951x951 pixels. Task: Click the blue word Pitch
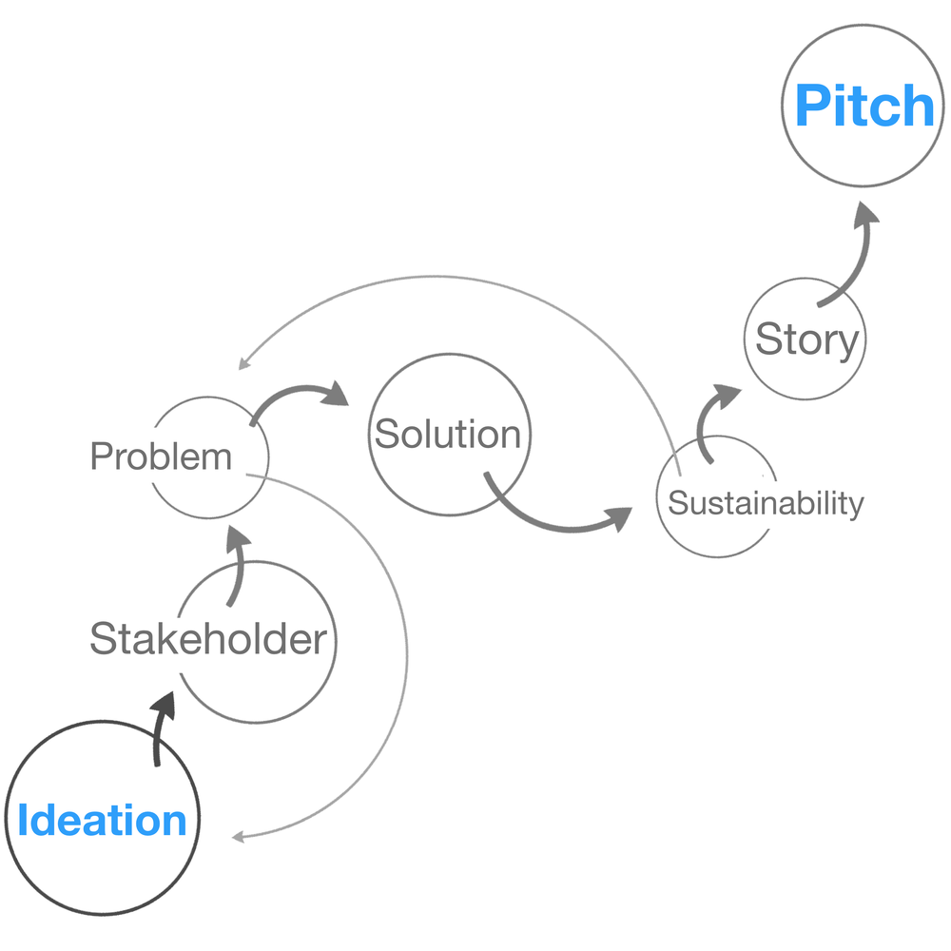click(x=864, y=106)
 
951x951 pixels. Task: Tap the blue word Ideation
click(x=102, y=821)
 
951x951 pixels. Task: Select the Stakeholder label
click(x=207, y=639)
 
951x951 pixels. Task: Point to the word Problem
click(x=161, y=457)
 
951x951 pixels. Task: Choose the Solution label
click(x=448, y=434)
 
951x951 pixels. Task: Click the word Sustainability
click(x=765, y=503)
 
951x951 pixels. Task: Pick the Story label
click(x=806, y=340)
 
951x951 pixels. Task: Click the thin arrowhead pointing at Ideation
click(x=239, y=837)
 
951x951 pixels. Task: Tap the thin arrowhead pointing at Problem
click(x=244, y=362)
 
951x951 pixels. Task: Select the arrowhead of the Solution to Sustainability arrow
click(x=619, y=517)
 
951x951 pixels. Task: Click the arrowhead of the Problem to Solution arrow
click(x=336, y=393)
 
